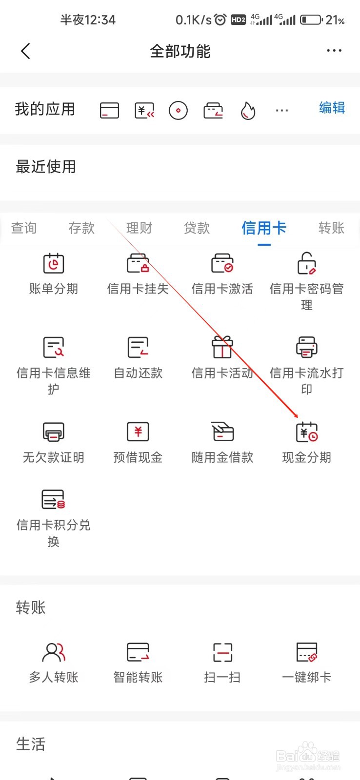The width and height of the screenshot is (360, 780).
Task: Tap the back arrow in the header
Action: tap(26, 51)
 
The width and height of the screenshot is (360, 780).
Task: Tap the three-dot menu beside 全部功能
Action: tap(334, 51)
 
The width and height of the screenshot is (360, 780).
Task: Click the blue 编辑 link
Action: tap(332, 108)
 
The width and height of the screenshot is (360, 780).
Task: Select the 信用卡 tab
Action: tap(264, 228)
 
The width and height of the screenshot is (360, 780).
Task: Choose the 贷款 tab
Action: tap(197, 228)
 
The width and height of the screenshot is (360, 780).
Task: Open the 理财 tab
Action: tap(139, 228)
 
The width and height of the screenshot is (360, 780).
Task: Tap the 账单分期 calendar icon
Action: tap(54, 264)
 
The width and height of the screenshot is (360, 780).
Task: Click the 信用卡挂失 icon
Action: tap(138, 264)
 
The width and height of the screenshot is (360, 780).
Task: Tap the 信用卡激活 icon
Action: tap(222, 264)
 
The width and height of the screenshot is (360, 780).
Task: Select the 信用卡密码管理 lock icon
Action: tap(307, 264)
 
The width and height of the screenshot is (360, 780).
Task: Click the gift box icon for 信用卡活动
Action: tap(222, 348)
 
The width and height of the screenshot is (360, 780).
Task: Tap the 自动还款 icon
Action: tap(138, 348)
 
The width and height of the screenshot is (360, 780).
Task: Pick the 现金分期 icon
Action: tap(307, 432)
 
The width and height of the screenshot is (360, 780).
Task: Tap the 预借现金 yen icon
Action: tap(138, 432)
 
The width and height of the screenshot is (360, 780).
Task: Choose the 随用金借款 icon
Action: tap(222, 432)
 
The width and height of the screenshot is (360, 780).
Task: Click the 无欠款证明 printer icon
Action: tap(54, 432)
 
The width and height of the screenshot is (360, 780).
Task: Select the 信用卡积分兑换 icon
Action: tap(54, 500)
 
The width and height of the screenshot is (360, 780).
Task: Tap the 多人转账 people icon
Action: tap(54, 652)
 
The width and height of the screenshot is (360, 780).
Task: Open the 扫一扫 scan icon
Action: tap(222, 652)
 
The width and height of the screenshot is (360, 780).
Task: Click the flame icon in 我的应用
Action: tap(248, 111)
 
